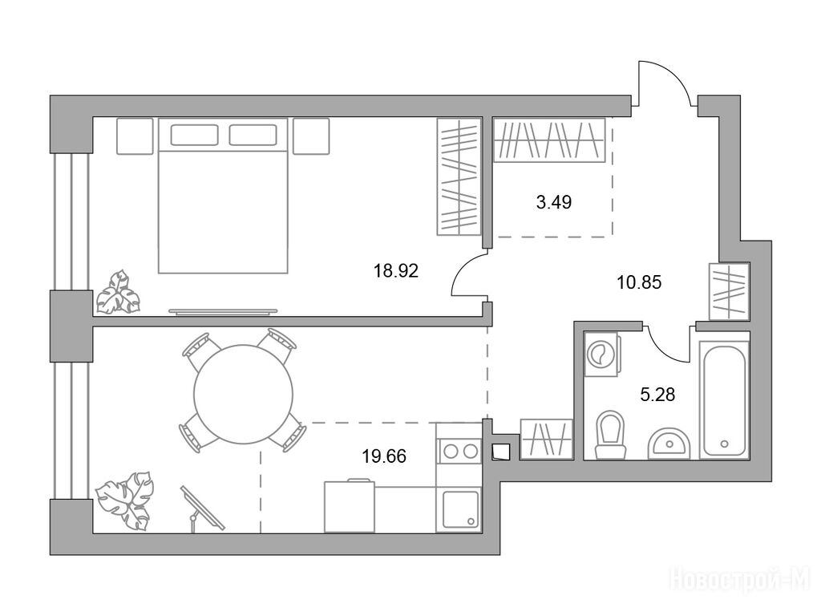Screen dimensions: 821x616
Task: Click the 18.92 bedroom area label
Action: point(396,271)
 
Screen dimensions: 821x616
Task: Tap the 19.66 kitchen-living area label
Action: point(384,456)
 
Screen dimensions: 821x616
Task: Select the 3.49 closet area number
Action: point(553,202)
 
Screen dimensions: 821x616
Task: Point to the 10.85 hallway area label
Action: point(639,283)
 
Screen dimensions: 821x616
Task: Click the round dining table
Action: point(244,394)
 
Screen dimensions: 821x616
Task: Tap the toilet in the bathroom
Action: point(610,434)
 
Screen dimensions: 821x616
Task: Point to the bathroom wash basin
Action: point(669,444)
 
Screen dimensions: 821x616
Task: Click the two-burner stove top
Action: point(459,451)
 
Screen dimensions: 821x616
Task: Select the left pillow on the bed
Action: point(194,135)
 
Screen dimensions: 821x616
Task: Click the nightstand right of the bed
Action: point(311,136)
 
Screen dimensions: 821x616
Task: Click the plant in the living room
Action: point(124,500)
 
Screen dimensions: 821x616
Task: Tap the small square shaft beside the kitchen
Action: point(501,452)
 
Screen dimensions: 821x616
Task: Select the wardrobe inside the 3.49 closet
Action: point(549,140)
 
